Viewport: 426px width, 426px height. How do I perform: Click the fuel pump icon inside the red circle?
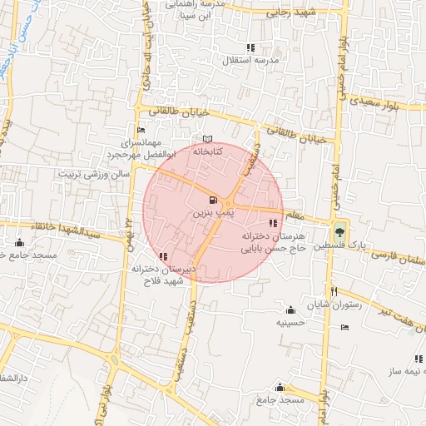(214, 201)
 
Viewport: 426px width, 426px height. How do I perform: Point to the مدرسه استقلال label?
(251, 62)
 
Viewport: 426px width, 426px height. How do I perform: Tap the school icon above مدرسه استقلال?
(251, 47)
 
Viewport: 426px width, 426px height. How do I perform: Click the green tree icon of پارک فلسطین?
(339, 231)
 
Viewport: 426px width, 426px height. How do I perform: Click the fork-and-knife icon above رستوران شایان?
(334, 292)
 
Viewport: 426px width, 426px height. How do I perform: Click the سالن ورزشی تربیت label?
(93, 175)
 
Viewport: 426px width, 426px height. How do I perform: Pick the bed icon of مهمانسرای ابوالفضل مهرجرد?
(141, 130)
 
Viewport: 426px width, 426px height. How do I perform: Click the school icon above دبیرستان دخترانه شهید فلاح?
(162, 256)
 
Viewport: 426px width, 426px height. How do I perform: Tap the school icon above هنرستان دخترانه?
(273, 222)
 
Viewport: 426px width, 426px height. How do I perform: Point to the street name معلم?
(295, 215)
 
